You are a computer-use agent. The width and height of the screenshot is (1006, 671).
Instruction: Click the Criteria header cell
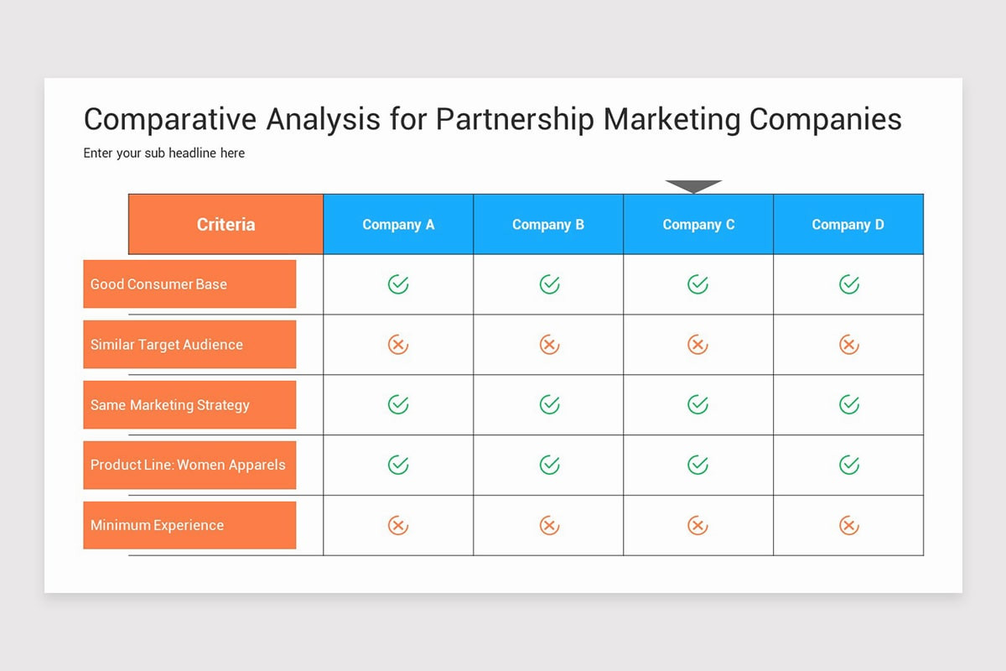click(x=226, y=224)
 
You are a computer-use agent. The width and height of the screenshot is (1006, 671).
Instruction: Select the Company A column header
click(x=398, y=224)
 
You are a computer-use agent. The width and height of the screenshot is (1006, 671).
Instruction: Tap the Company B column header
click(x=548, y=224)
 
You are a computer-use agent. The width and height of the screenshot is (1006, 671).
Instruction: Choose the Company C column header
click(x=698, y=224)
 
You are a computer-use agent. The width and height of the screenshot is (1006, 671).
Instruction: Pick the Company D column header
click(x=848, y=224)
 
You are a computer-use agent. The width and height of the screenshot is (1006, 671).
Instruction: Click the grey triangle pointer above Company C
click(x=693, y=185)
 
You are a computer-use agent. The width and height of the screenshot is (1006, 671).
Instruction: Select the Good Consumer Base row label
click(x=189, y=283)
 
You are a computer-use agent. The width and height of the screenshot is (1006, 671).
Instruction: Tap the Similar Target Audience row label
click(x=189, y=344)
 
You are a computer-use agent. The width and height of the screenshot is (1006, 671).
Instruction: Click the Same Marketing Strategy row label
click(x=189, y=404)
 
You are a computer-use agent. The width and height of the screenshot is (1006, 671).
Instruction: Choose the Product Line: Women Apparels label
click(x=189, y=465)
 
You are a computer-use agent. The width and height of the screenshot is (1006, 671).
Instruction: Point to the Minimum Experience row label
click(x=189, y=525)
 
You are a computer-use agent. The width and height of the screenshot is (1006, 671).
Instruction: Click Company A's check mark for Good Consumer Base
click(x=398, y=284)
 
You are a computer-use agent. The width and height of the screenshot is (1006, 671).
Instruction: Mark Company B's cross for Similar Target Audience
click(x=549, y=345)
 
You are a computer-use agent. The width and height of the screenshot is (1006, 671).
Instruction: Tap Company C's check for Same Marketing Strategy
click(x=697, y=405)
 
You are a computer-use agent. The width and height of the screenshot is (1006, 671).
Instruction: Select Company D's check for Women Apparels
click(x=849, y=465)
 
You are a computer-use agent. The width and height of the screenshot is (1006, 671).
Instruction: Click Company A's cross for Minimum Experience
click(x=398, y=526)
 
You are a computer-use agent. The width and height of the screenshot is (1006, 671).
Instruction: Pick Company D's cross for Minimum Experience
click(x=849, y=526)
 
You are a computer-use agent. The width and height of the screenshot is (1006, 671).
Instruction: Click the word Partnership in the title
click(x=515, y=119)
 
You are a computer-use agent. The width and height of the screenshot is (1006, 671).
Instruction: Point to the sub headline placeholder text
click(x=164, y=153)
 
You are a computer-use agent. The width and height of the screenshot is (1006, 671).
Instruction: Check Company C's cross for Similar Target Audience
click(x=697, y=345)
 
